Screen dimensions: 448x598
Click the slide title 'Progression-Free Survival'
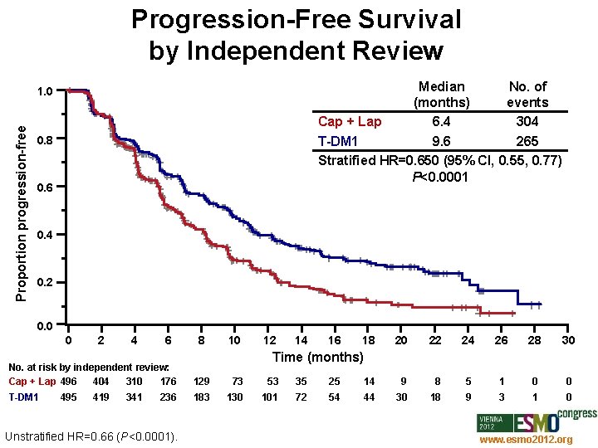296,19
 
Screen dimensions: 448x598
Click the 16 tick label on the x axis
335,340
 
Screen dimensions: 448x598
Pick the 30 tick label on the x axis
568,340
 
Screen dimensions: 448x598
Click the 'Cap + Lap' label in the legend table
350,122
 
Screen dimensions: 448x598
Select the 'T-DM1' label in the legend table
339,140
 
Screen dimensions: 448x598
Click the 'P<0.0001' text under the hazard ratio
439,177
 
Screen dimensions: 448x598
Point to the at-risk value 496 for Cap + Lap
69,382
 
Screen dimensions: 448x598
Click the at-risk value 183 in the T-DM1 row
202,397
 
